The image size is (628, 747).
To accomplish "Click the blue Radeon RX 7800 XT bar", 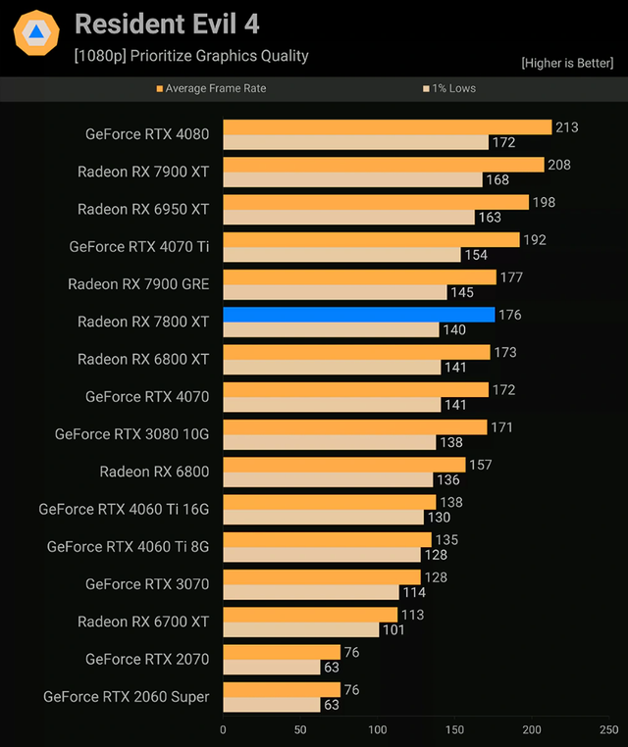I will pos(358,315).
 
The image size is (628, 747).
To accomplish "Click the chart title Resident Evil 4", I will pos(167,24).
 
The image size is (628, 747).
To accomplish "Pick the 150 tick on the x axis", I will pos(455,729).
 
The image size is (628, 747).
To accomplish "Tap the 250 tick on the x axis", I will pos(608,729).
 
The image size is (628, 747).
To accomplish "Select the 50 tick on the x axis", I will pos(300,729).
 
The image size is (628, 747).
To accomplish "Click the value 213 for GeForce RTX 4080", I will pos(566,127).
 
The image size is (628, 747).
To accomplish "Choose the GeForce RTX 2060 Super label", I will pos(127,697).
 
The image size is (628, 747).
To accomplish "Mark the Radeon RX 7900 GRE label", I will pos(138,284).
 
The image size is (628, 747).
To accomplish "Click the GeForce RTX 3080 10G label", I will pos(131,434).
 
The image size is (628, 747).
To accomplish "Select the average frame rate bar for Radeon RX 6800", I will pos(343,465).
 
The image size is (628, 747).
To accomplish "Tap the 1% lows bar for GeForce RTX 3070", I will pos(311,592).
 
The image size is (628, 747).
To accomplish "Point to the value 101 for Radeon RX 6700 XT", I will pos(392,629).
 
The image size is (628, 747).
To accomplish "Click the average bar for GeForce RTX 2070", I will pos(282,652).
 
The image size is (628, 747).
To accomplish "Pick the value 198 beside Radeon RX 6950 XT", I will pos(544,202).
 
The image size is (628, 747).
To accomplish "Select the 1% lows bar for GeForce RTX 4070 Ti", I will pos(341,255).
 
